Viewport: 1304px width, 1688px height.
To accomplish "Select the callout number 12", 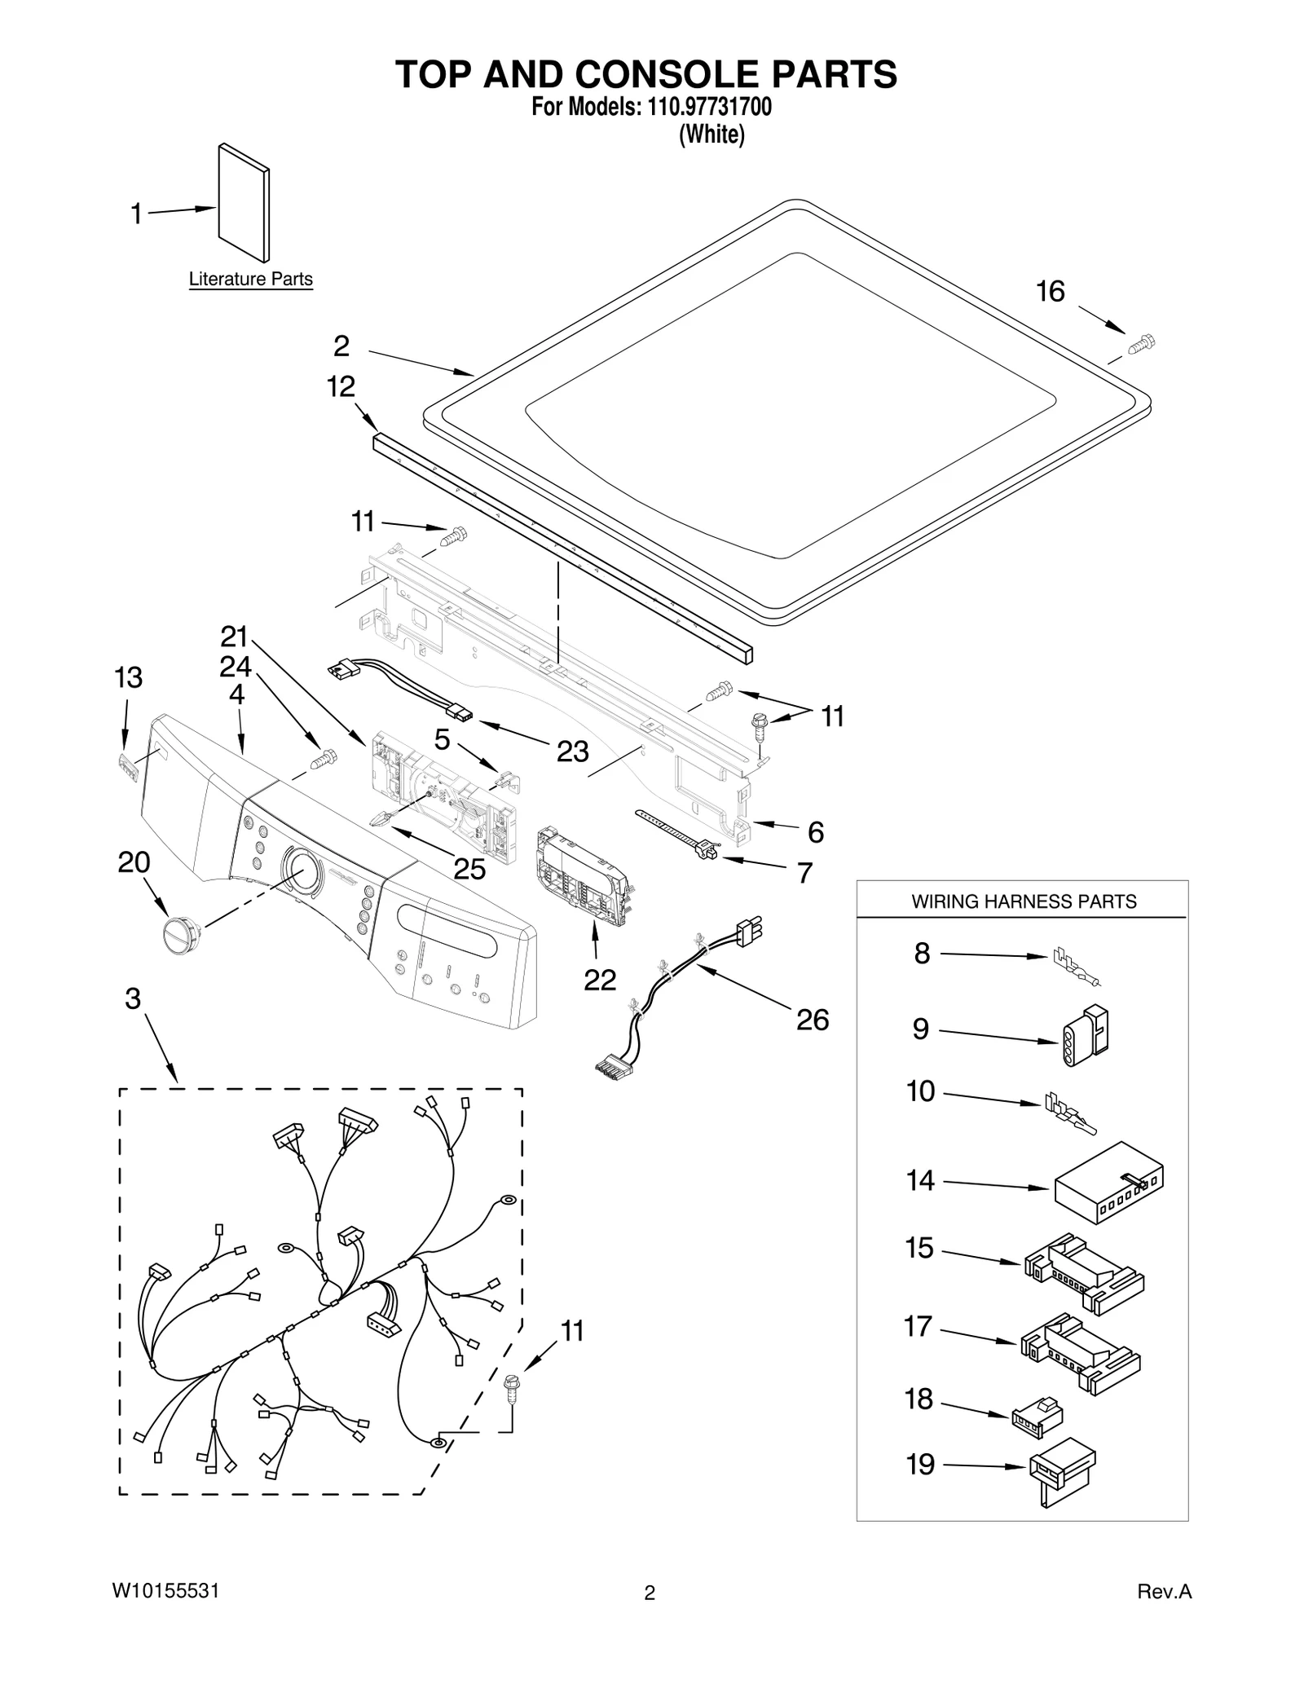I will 341,386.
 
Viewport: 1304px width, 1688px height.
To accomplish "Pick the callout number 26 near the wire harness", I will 813,1020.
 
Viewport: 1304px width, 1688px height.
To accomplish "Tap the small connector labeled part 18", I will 1035,1415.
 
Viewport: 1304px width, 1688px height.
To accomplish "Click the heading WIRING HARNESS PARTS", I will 1023,901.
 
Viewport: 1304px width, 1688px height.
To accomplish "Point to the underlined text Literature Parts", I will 250,279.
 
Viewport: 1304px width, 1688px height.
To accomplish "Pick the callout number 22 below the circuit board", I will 600,979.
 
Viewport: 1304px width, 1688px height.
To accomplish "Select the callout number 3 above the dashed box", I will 133,998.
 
